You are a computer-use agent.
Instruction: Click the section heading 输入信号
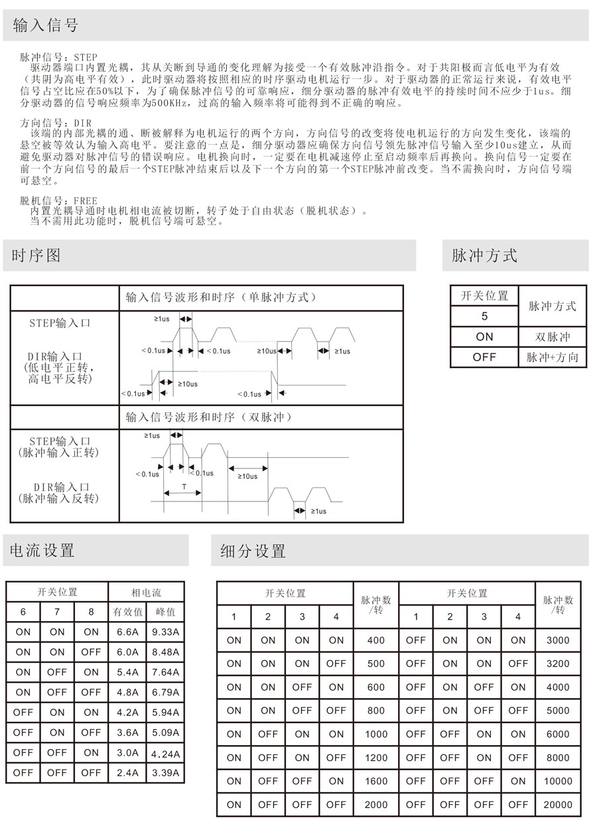click(45, 25)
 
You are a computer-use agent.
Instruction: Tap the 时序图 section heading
click(36, 255)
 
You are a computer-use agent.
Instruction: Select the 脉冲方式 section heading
click(484, 255)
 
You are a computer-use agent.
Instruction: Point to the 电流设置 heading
click(42, 550)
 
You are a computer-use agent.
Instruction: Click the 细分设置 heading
click(253, 551)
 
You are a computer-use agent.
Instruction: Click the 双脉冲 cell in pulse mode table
click(553, 336)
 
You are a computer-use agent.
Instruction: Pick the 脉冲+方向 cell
click(553, 357)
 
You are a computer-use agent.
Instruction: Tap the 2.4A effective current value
click(127, 772)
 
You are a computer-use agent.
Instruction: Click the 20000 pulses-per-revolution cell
click(557, 805)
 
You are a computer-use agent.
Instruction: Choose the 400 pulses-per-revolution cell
click(375, 640)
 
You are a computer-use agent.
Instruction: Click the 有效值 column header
click(127, 612)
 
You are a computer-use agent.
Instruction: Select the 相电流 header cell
click(146, 592)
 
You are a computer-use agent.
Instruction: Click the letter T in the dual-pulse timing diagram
click(184, 487)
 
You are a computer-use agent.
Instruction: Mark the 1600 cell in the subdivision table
click(375, 781)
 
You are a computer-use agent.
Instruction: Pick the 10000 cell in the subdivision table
click(557, 781)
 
